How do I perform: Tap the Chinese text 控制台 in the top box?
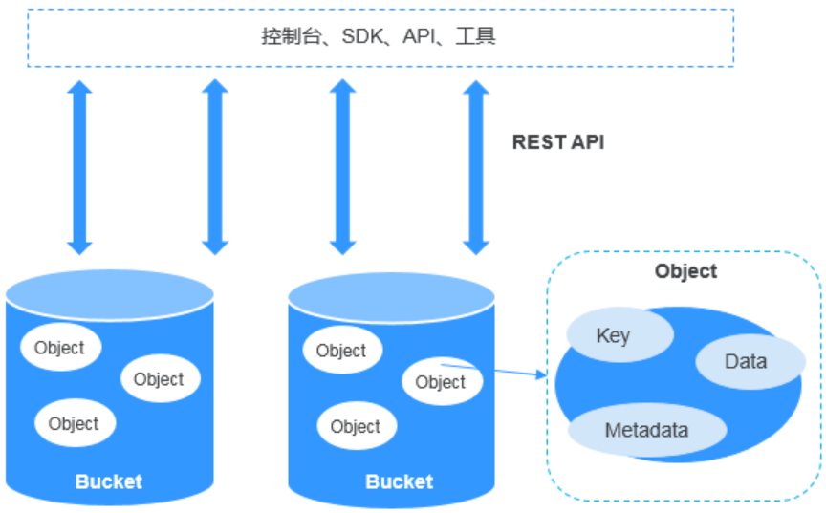click(288, 37)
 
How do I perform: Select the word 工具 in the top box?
click(477, 37)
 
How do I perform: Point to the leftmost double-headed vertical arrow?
click(80, 167)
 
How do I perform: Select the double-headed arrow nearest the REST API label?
click(475, 167)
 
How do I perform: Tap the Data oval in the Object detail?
click(747, 361)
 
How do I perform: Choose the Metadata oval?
click(646, 430)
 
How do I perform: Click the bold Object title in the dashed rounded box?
click(685, 271)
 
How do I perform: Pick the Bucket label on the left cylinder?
click(108, 481)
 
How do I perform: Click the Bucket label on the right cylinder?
click(399, 481)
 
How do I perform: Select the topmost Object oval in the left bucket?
click(59, 349)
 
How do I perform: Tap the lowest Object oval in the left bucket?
click(74, 424)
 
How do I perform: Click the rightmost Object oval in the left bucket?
click(159, 379)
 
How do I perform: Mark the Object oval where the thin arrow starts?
click(441, 382)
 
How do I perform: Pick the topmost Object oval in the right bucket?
click(341, 351)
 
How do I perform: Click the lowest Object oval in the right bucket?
click(356, 427)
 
